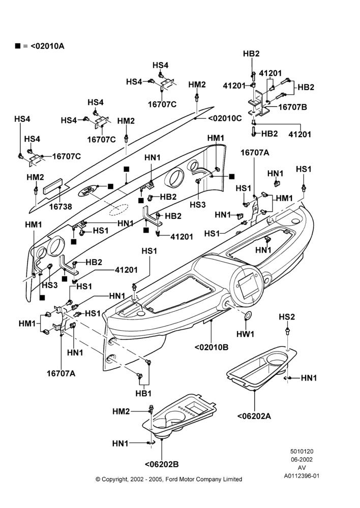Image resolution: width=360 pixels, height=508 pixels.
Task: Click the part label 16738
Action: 61,206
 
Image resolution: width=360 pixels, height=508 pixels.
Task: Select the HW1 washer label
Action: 245,334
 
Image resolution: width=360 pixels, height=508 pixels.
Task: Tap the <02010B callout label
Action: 212,347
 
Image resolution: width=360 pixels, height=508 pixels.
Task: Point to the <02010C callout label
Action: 225,118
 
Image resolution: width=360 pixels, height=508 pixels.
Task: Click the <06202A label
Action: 254,416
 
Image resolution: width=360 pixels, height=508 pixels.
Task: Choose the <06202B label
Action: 162,464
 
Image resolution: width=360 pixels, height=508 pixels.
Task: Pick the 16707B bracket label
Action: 292,107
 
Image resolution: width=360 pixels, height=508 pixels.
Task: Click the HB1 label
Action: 143,393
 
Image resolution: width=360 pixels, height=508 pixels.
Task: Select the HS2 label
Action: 287,317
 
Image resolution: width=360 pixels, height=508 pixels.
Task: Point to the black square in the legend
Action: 17,46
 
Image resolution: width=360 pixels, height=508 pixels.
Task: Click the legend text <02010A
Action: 47,46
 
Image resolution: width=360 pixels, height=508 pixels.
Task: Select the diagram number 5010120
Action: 302,451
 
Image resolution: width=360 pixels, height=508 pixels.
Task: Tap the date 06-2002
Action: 302,459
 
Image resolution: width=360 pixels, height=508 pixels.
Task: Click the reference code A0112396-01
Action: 302,476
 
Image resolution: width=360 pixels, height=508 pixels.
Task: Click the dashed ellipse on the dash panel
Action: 118,210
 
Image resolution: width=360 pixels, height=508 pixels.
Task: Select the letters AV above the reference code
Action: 302,468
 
